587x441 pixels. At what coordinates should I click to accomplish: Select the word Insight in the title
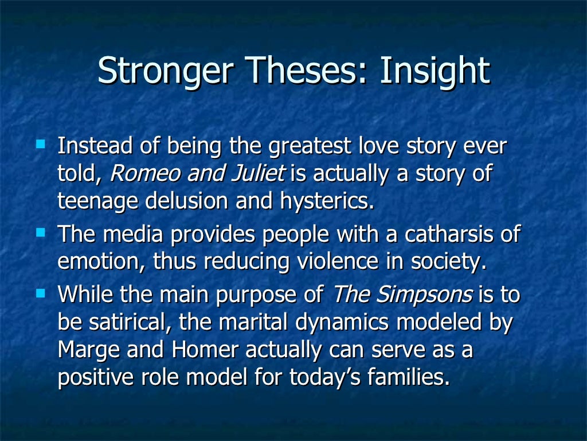(436, 71)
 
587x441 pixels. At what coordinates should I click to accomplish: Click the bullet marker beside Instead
(40, 141)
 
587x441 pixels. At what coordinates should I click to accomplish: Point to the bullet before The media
(40, 233)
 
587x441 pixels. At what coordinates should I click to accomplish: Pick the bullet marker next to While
(40, 292)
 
